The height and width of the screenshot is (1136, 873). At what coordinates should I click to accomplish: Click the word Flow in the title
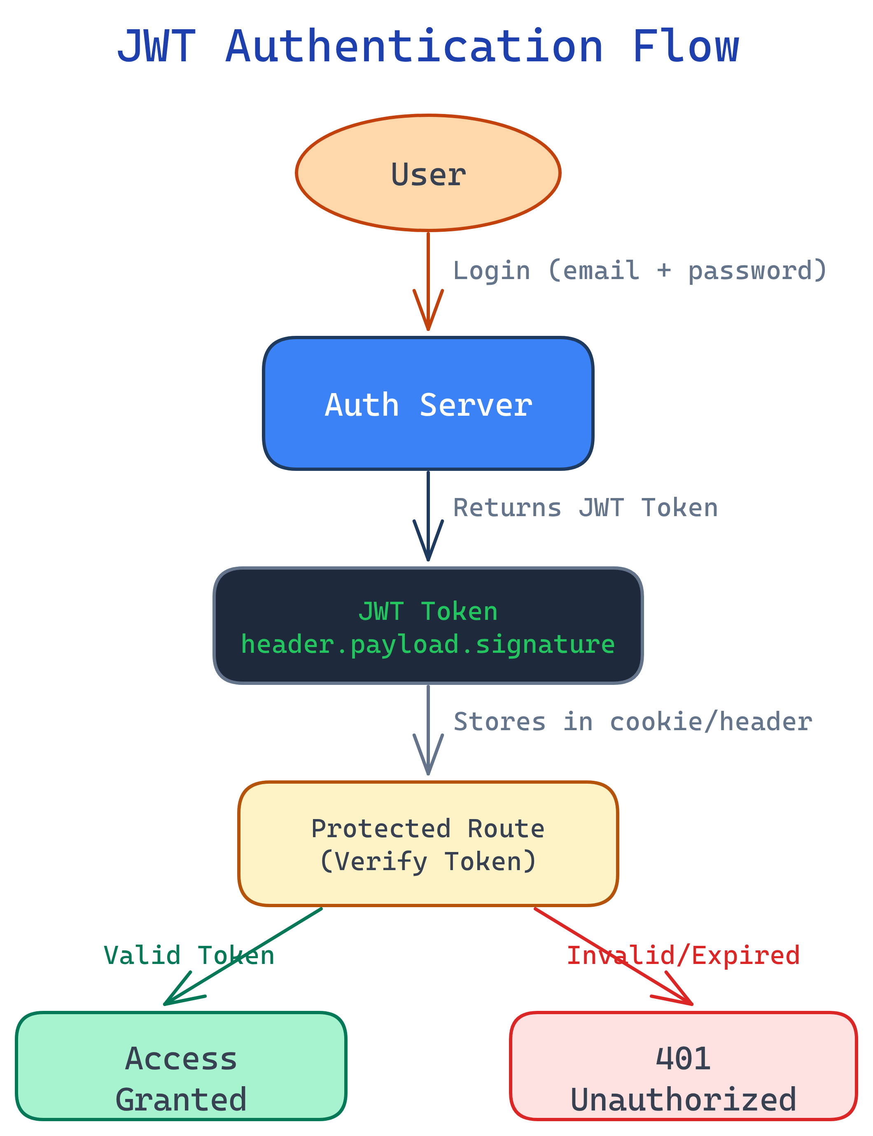tap(685, 47)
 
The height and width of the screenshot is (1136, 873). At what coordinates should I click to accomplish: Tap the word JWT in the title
tap(156, 47)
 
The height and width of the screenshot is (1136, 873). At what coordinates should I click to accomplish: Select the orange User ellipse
tap(428, 173)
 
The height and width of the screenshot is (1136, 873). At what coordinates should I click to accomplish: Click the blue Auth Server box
tap(428, 404)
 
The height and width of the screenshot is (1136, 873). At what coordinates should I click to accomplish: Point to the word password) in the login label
tap(756, 271)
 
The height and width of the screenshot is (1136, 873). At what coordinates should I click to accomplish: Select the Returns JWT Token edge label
tap(585, 507)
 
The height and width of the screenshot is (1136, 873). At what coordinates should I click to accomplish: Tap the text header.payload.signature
tap(428, 644)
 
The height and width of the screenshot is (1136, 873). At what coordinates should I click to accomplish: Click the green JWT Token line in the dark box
tap(428, 611)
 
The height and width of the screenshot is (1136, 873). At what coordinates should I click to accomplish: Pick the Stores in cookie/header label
tap(633, 722)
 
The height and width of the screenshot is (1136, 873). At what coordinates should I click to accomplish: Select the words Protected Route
tap(428, 828)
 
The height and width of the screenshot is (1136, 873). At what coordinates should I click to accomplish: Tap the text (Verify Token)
tap(428, 861)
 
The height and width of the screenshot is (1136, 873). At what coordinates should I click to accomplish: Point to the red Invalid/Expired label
tap(683, 956)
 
